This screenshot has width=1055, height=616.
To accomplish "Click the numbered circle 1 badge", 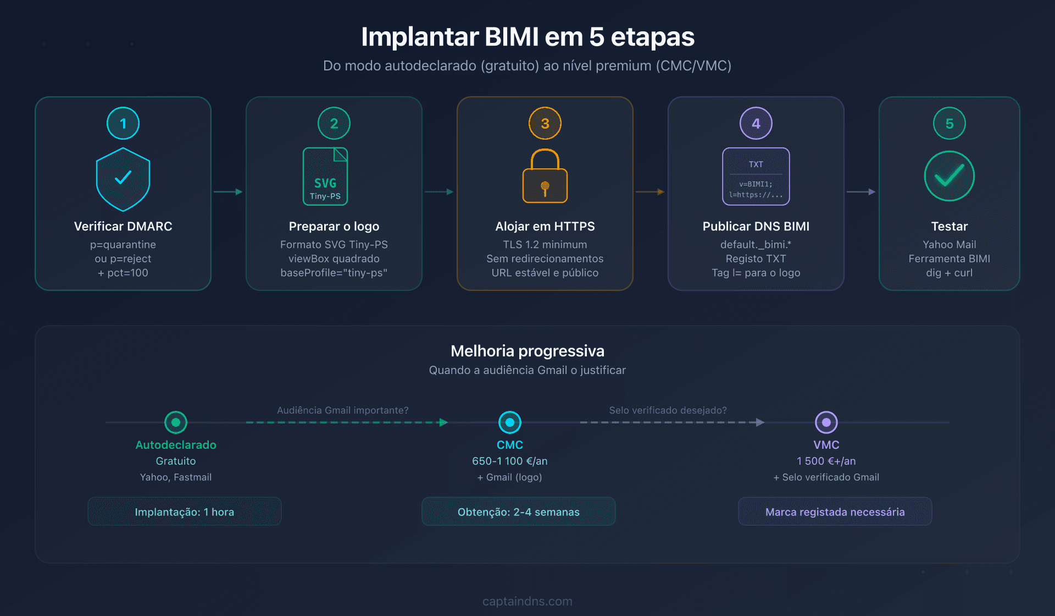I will pyautogui.click(x=123, y=123).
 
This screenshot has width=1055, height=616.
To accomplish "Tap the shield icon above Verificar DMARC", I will pyautogui.click(x=123, y=179).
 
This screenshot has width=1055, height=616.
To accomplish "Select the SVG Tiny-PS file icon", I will pyautogui.click(x=325, y=177).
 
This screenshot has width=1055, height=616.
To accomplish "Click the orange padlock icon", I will pyautogui.click(x=545, y=177).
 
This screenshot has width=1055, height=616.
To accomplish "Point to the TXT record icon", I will pyautogui.click(x=756, y=177).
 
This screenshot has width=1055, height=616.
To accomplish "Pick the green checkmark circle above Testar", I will pyautogui.click(x=949, y=176).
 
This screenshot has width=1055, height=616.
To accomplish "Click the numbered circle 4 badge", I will pyautogui.click(x=756, y=123).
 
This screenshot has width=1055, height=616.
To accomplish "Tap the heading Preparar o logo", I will pyautogui.click(x=334, y=226).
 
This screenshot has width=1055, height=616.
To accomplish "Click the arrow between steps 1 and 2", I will pyautogui.click(x=228, y=192).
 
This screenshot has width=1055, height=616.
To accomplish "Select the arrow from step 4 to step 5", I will pyautogui.click(x=861, y=192).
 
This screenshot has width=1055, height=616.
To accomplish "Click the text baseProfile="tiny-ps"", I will pyautogui.click(x=334, y=273).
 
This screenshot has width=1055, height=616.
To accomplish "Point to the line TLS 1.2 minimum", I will pyautogui.click(x=545, y=244).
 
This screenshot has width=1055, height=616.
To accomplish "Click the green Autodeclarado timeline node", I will pyautogui.click(x=176, y=422).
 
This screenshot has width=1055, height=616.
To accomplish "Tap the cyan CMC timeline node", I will pyautogui.click(x=510, y=422).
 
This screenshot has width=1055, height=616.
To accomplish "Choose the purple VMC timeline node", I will pyautogui.click(x=826, y=422).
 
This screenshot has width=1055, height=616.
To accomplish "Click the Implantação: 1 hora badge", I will pyautogui.click(x=185, y=512).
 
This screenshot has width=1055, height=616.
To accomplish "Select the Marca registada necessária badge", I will pyautogui.click(x=835, y=512).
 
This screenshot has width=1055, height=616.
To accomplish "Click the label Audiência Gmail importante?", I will pyautogui.click(x=343, y=410).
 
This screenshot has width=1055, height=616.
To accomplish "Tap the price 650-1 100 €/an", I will pyautogui.click(x=510, y=461).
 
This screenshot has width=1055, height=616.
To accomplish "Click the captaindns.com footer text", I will pyautogui.click(x=527, y=601).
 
